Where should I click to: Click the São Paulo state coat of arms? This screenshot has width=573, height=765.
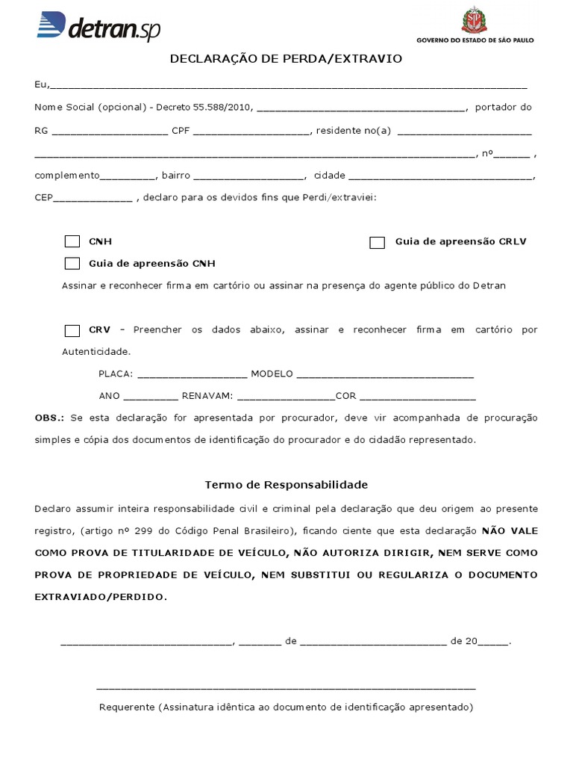click(473, 19)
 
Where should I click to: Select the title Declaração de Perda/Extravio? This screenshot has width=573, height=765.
click(286, 58)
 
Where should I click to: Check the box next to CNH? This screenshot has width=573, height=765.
click(72, 241)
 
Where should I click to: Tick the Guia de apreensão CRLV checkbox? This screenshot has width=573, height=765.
click(378, 242)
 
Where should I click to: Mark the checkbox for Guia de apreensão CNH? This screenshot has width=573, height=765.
click(72, 263)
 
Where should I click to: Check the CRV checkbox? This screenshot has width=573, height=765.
click(72, 330)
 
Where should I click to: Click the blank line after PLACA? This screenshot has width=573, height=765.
click(192, 375)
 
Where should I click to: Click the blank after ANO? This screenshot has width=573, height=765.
click(151, 397)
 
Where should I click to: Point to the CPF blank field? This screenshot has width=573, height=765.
click(251, 132)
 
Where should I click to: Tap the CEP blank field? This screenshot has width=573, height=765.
click(93, 199)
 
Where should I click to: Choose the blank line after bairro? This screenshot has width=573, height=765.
click(249, 177)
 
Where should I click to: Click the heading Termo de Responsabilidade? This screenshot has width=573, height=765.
click(286, 484)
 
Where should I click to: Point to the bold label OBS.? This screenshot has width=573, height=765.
click(50, 417)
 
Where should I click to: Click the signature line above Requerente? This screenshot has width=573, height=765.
click(286, 687)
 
